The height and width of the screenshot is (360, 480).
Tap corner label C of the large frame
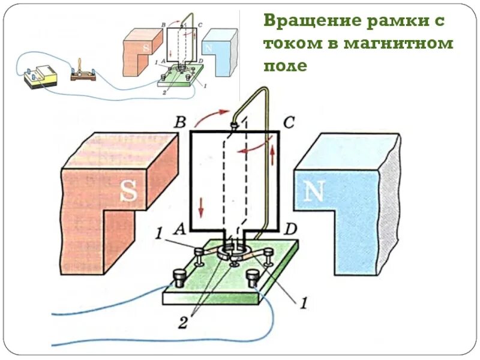(x=289, y=123)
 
